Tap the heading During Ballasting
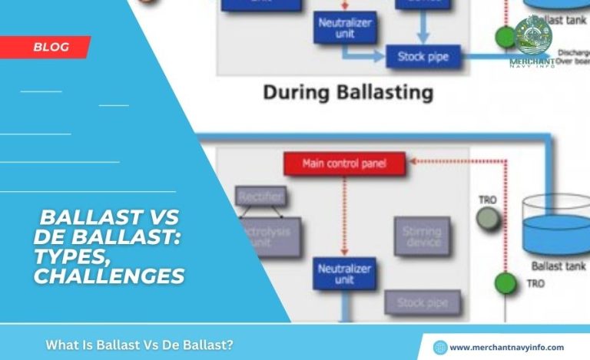point(348,94)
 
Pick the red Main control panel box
point(344,163)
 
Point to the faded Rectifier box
point(260,197)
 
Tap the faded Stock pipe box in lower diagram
point(422,303)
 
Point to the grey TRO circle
point(486,220)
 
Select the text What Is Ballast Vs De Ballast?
point(139,345)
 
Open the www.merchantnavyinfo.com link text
point(507,347)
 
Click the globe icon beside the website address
point(439,347)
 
